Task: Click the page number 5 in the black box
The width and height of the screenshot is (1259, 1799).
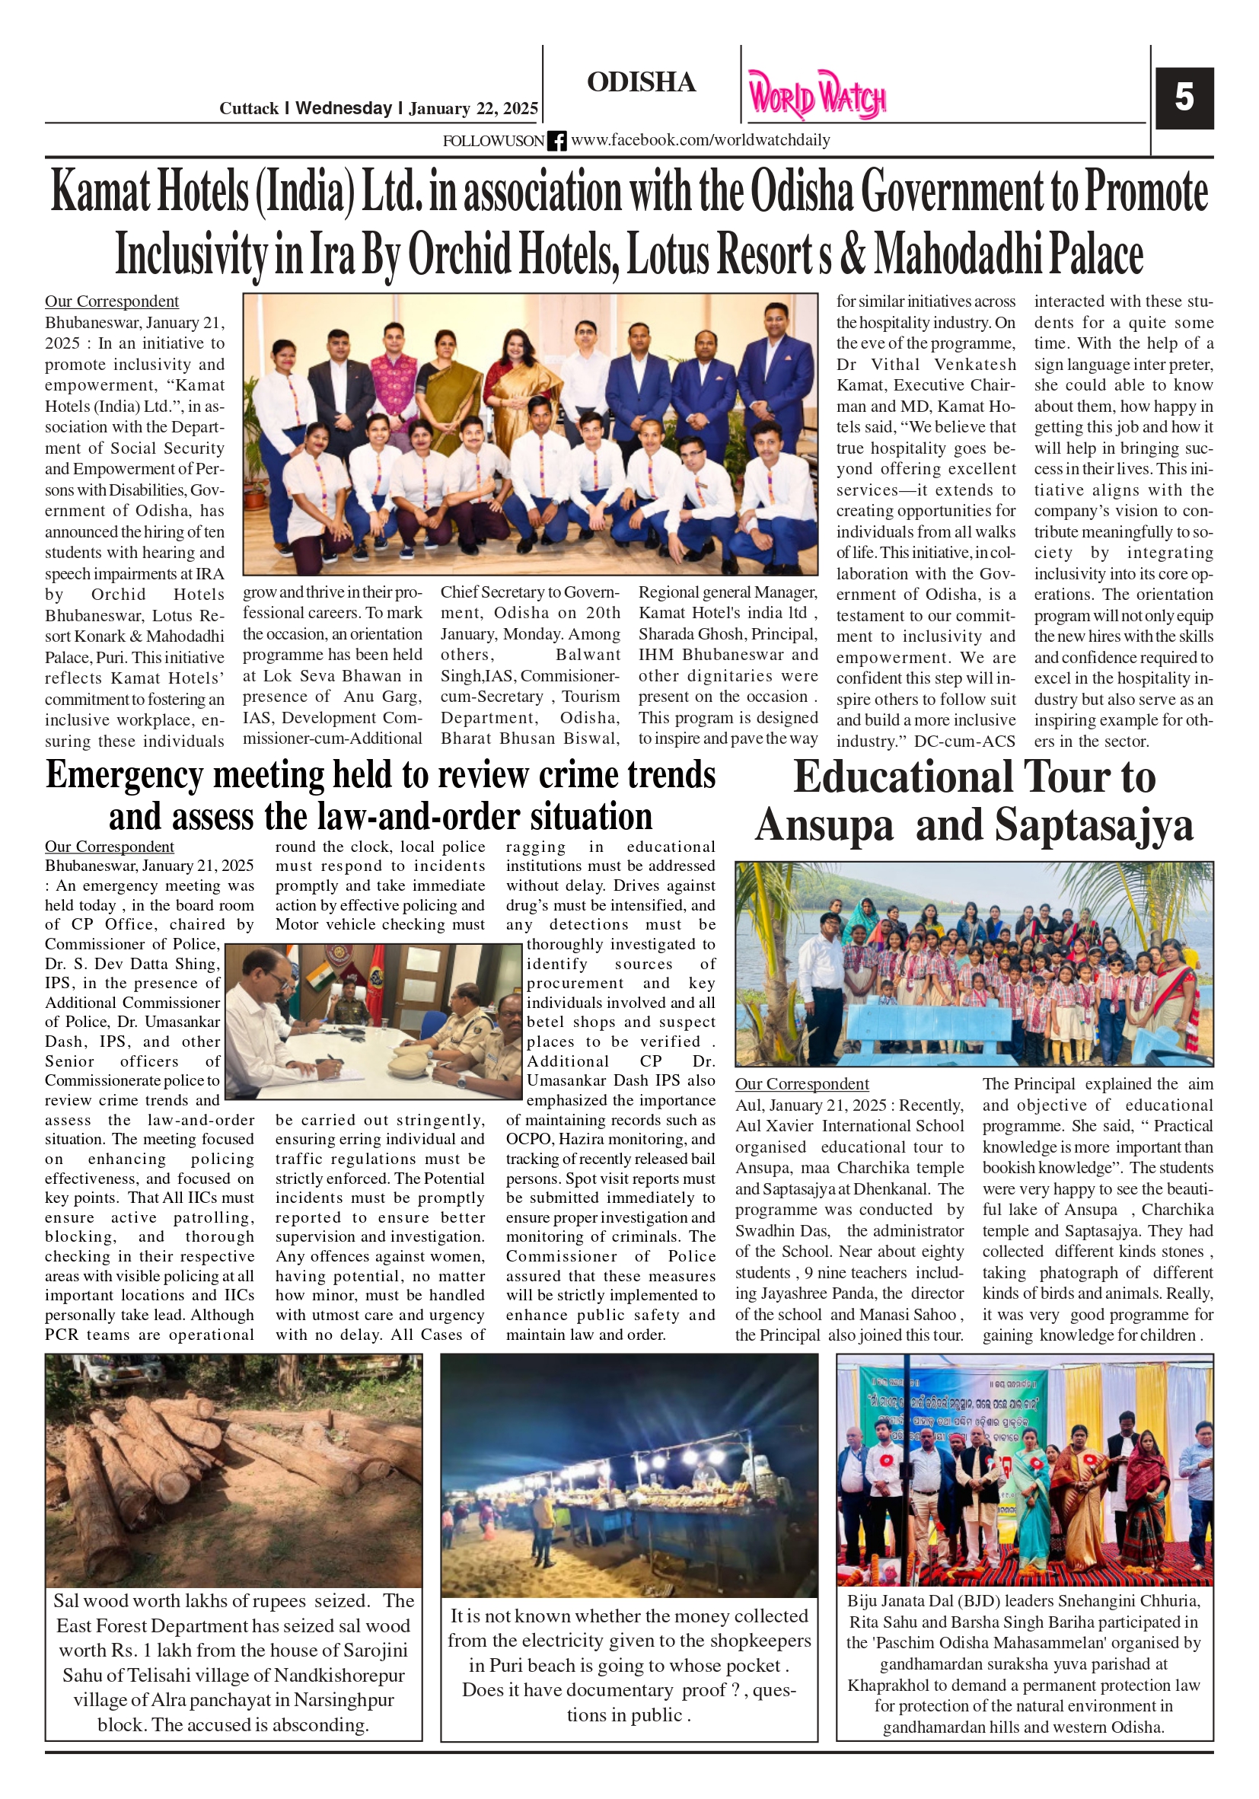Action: point(1184,98)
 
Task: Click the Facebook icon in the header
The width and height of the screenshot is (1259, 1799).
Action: point(556,141)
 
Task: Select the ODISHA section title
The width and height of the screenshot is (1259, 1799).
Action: point(641,82)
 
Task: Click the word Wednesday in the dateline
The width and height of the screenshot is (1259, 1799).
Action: point(343,108)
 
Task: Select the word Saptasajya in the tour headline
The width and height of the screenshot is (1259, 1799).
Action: point(1094,826)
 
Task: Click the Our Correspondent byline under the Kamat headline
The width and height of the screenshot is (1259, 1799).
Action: point(111,301)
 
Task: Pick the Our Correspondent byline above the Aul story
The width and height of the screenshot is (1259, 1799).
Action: point(802,1083)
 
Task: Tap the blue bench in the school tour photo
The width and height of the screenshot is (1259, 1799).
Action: point(925,1027)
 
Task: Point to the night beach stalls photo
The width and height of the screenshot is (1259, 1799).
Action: point(628,1475)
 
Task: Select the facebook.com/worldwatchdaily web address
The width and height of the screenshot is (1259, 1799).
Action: point(700,140)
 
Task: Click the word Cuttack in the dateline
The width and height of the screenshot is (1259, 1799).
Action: point(248,109)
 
